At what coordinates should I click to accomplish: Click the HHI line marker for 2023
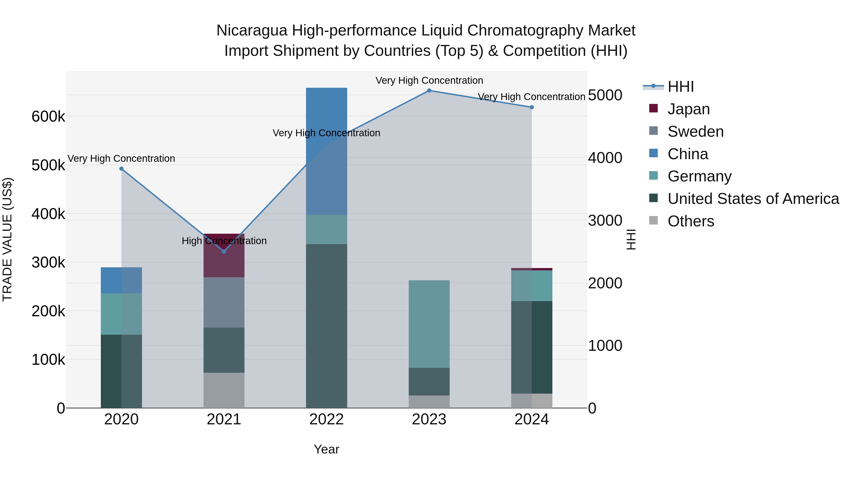pos(429,91)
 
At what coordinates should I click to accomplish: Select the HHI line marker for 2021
pos(224,252)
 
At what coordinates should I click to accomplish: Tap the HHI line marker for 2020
pos(121,169)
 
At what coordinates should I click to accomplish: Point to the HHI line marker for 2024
pos(532,107)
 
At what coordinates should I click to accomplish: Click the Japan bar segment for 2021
pos(224,261)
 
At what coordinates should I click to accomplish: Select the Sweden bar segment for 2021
pos(224,303)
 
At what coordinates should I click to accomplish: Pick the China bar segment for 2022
pos(326,151)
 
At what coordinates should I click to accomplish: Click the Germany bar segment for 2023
pos(429,324)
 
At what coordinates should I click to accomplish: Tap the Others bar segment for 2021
pos(224,390)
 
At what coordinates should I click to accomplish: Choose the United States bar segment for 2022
pos(326,326)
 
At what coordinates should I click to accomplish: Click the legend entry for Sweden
pos(695,132)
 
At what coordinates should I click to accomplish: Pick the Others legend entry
pos(691,221)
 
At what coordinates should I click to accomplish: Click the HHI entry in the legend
pos(680,87)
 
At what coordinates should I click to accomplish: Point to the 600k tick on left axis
pos(48,117)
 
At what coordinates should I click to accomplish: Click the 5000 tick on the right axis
pos(605,95)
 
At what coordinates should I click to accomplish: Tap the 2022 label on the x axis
pos(326,419)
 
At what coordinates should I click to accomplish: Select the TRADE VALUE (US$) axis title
pos(7,239)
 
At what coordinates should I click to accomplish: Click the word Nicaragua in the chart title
pos(252,31)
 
